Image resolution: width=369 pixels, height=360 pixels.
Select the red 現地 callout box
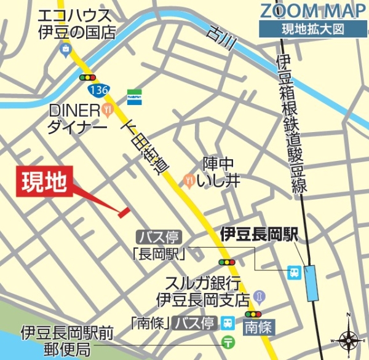[44, 182]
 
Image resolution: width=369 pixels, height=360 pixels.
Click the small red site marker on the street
[124, 212]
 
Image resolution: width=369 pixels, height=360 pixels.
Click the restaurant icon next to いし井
[189, 180]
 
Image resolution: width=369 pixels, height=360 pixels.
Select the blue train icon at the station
[295, 271]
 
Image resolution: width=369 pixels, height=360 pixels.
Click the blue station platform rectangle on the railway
[313, 283]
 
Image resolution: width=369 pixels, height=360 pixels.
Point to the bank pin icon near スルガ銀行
[259, 297]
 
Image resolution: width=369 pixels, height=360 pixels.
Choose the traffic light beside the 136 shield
[88, 78]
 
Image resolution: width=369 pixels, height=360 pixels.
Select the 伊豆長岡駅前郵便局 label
[67, 342]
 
